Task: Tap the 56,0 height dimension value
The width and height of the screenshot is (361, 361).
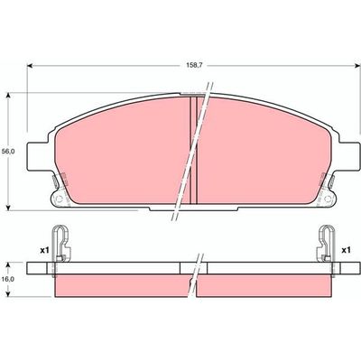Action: click(9, 153)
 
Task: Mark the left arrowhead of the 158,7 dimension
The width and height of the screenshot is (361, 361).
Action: click(32, 66)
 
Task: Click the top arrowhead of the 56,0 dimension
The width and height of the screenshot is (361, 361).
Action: click(9, 93)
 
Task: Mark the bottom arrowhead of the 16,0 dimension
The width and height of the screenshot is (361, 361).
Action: click(9, 295)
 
